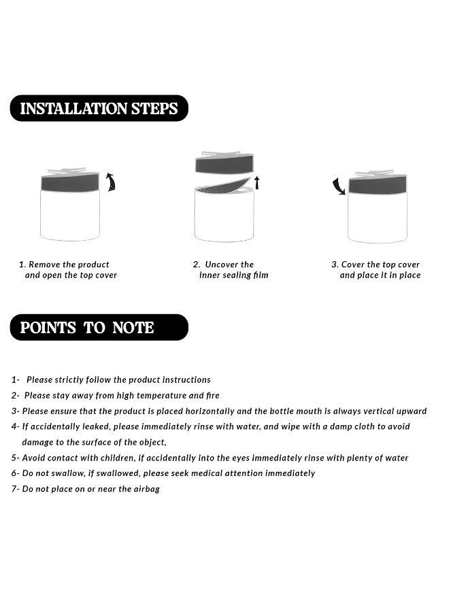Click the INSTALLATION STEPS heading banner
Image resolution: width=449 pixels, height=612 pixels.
point(99,108)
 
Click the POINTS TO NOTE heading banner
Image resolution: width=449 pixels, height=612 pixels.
point(99,327)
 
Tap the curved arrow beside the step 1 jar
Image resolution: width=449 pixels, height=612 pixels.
point(112,182)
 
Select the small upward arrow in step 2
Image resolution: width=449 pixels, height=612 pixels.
point(257,183)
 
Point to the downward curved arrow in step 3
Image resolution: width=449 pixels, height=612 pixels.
point(339,186)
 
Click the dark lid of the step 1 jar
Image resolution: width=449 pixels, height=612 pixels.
point(70,183)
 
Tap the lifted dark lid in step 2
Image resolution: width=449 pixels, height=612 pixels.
point(224,163)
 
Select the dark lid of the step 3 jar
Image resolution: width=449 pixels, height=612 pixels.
point(378,184)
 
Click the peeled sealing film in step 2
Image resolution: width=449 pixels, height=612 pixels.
point(222,186)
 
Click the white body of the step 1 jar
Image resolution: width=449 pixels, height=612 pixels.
point(70,216)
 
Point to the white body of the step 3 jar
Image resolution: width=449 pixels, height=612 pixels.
point(378,218)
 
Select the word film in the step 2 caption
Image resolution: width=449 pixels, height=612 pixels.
point(261,275)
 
